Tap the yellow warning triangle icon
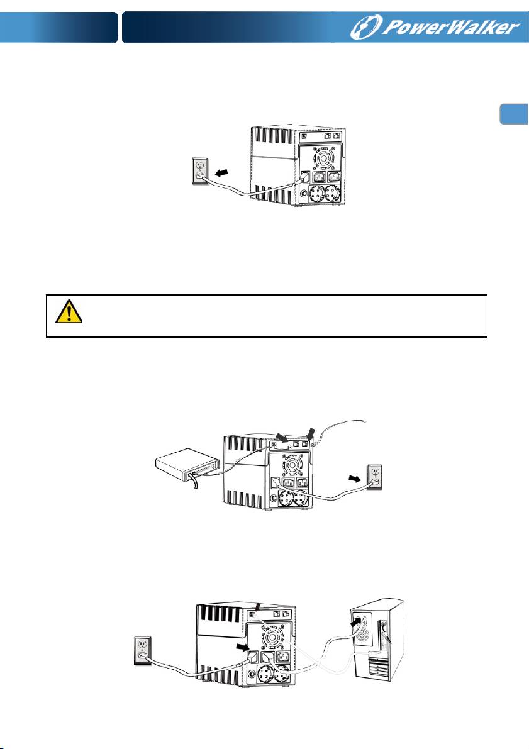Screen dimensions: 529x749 69,312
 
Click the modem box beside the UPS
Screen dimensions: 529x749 188,464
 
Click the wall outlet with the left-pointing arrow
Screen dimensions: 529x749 199,171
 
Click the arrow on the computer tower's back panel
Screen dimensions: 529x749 355,623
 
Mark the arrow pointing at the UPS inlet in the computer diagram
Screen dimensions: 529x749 243,648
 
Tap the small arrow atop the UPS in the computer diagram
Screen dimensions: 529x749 257,607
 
